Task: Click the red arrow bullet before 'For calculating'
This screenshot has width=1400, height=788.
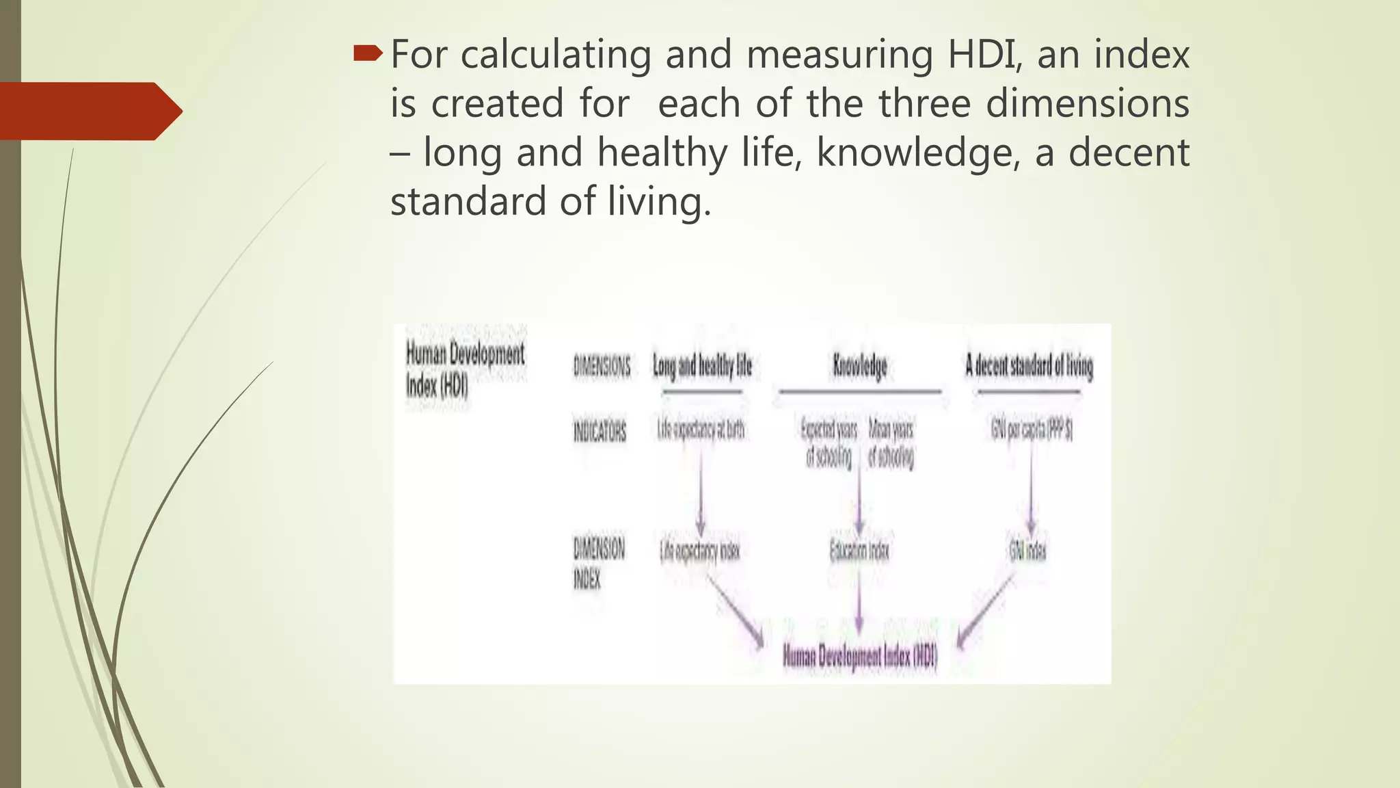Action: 368,54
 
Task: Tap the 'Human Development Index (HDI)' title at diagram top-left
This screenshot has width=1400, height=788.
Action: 465,370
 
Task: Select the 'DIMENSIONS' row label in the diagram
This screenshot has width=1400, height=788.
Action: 602,367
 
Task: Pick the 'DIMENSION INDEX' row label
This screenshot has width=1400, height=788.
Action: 598,563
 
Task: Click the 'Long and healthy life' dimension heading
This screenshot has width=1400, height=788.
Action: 702,367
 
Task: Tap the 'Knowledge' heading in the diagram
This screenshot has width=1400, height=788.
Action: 859,367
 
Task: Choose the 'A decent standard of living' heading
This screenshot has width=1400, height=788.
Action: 1029,367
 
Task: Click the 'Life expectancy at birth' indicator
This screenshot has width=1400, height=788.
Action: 701,430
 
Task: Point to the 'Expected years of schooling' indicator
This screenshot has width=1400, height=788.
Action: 829,443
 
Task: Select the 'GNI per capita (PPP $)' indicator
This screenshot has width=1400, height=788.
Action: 1032,430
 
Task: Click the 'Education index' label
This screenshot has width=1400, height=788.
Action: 859,551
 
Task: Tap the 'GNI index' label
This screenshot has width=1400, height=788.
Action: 1027,551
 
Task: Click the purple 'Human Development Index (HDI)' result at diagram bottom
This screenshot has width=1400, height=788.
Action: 859,657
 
